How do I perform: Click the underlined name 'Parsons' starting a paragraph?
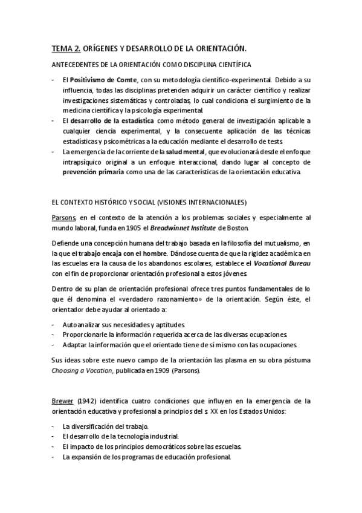[63, 217]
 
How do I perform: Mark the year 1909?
[154, 371]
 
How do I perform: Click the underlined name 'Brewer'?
[62, 400]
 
